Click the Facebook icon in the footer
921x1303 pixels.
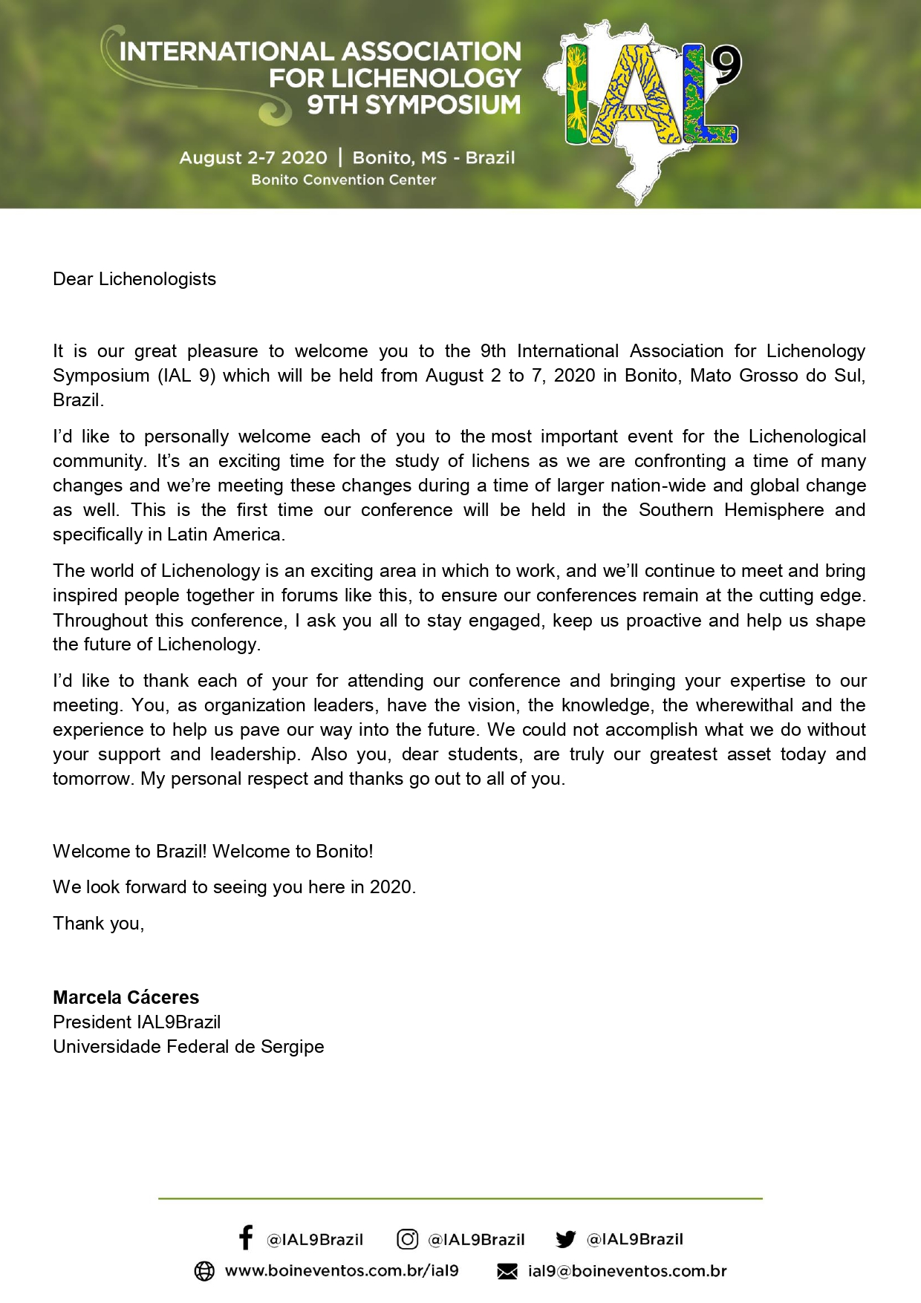(246, 1238)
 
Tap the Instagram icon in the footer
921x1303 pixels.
(407, 1238)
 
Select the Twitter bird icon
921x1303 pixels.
(565, 1239)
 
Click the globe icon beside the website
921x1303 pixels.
(204, 1271)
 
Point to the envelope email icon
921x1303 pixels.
(507, 1272)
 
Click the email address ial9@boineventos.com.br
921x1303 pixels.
(627, 1271)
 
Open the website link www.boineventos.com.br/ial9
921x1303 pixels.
(342, 1271)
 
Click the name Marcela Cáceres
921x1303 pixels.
(126, 997)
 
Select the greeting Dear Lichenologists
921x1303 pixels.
(134, 279)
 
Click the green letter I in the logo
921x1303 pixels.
(576, 94)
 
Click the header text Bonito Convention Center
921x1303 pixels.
(343, 180)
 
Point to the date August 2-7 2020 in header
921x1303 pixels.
(253, 157)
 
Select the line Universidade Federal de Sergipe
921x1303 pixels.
(189, 1047)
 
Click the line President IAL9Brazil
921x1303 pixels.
(137, 1022)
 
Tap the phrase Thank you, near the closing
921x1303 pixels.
(99, 924)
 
